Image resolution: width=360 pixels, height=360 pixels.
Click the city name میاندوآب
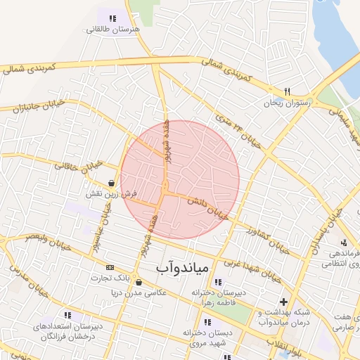(x=180, y=266)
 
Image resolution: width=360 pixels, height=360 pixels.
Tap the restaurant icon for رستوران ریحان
(x=287, y=91)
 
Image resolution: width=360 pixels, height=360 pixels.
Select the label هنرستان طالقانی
(x=114, y=30)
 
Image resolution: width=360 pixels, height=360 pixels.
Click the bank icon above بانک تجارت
(x=110, y=267)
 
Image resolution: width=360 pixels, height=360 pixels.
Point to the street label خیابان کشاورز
(x=267, y=239)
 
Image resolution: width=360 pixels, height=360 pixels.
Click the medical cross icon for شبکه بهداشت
(x=283, y=302)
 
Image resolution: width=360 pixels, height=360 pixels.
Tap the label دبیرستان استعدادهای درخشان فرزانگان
(x=69, y=332)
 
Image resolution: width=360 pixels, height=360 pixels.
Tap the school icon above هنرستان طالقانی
(x=112, y=18)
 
